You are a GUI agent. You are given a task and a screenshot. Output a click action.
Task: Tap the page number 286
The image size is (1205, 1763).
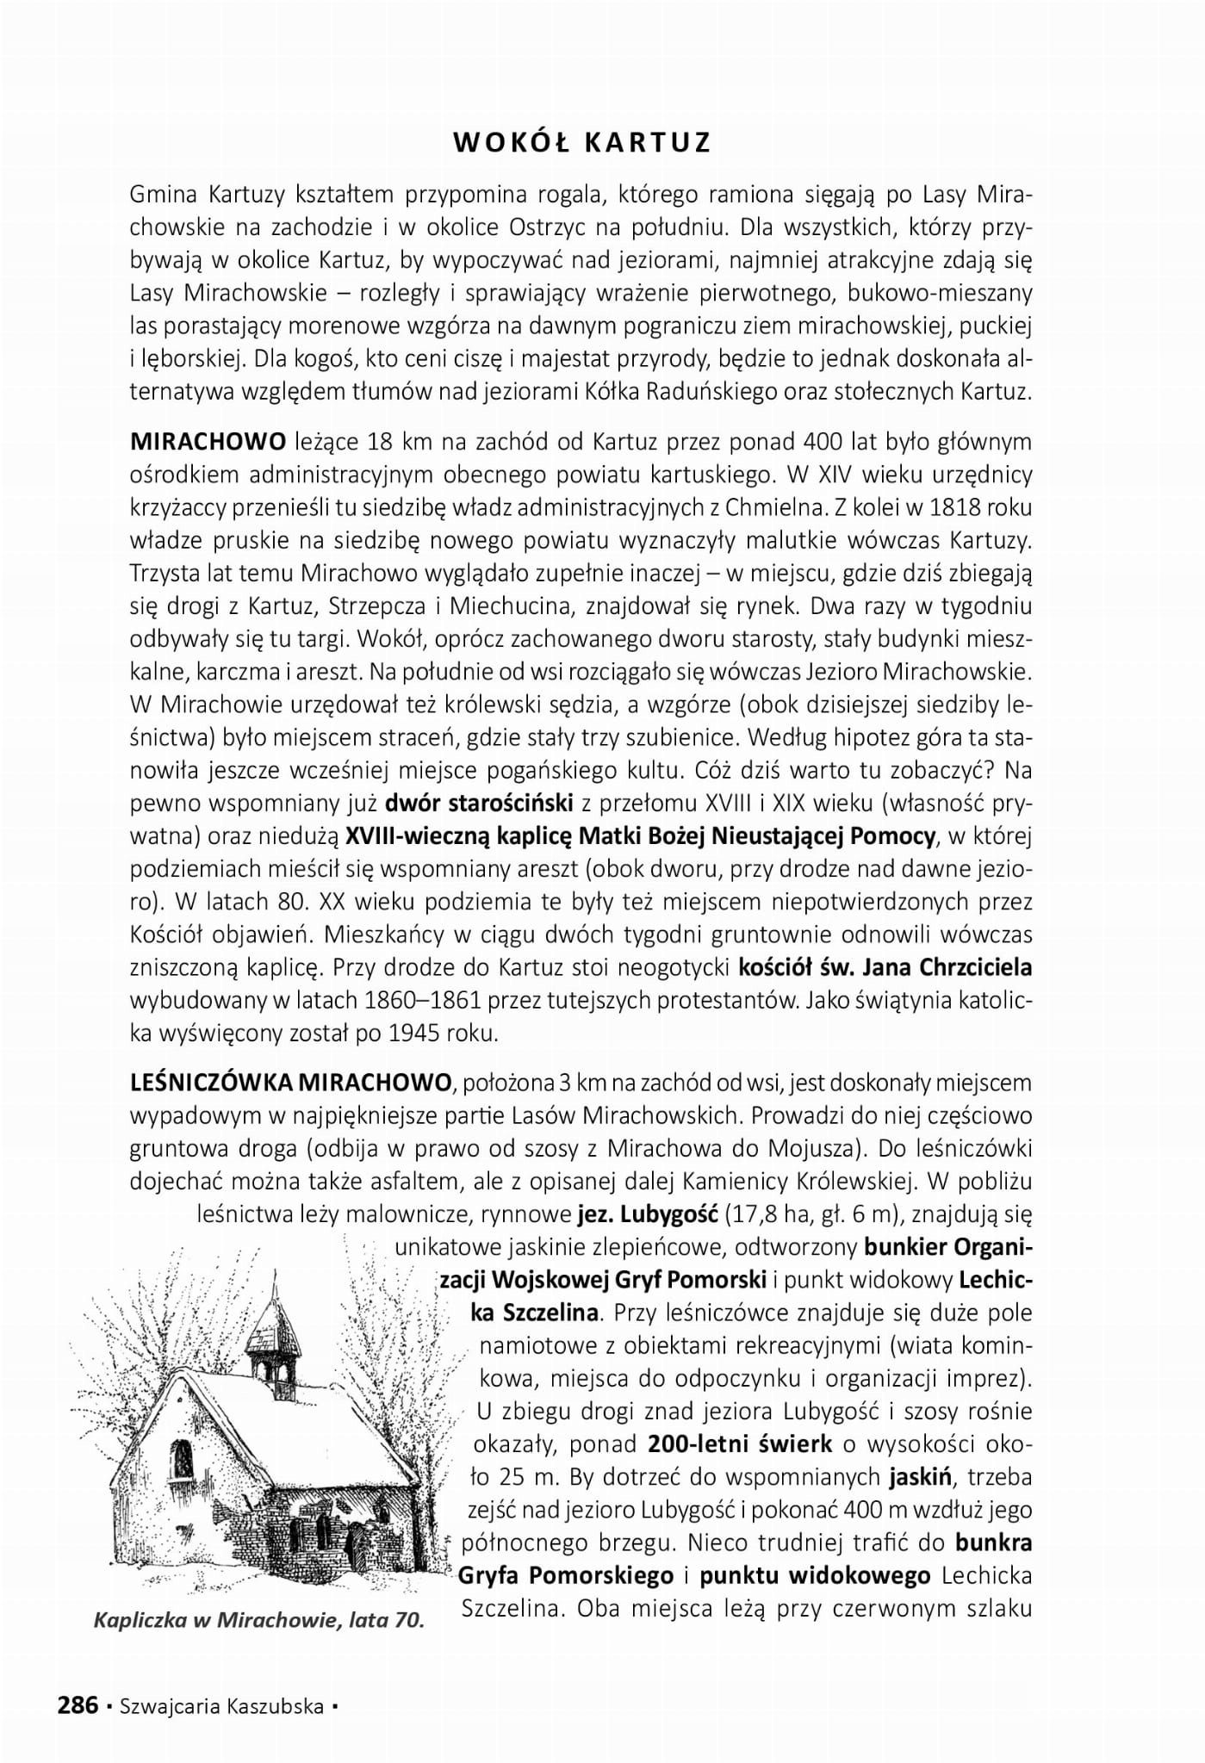click(x=78, y=1705)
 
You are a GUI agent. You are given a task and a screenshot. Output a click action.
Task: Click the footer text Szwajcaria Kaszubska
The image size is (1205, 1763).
click(x=223, y=1706)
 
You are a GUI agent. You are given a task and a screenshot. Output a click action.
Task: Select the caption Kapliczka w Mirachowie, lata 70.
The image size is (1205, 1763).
click(x=259, y=1620)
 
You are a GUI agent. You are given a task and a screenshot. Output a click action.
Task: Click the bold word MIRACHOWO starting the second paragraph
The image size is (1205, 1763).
click(x=208, y=442)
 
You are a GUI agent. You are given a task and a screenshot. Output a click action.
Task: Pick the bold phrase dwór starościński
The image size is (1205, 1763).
click(x=479, y=804)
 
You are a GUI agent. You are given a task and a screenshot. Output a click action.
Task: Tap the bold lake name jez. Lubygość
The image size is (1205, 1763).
click(x=648, y=1214)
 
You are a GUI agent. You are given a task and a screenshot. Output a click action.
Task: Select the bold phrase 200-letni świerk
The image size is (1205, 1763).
click(x=740, y=1443)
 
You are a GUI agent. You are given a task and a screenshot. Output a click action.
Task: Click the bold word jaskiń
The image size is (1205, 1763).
click(x=920, y=1476)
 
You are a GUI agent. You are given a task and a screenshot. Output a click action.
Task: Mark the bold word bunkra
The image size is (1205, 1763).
click(x=994, y=1542)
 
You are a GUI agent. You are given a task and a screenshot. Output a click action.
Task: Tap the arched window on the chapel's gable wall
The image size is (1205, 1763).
click(x=182, y=1460)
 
